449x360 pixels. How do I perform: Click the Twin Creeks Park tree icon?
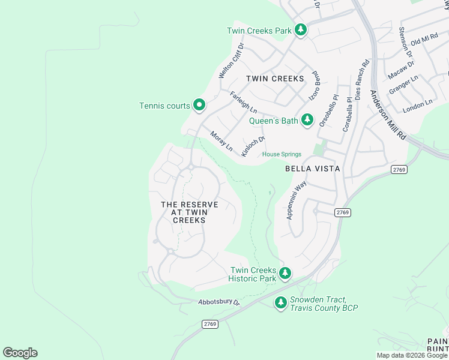300,30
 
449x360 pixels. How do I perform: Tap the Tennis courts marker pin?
199,106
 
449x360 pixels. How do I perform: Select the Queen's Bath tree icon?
307,120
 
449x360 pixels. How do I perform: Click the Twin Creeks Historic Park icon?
285,274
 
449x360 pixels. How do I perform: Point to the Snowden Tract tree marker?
280,303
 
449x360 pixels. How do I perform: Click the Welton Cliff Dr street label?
232,60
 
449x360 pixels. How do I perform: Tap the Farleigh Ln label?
243,103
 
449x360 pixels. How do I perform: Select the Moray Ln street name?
221,141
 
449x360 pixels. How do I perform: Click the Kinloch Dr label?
253,146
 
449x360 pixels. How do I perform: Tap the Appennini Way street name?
297,200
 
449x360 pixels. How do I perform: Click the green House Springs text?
282,154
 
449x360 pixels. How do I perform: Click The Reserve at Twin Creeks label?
189,212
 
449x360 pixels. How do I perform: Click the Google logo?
20,353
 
